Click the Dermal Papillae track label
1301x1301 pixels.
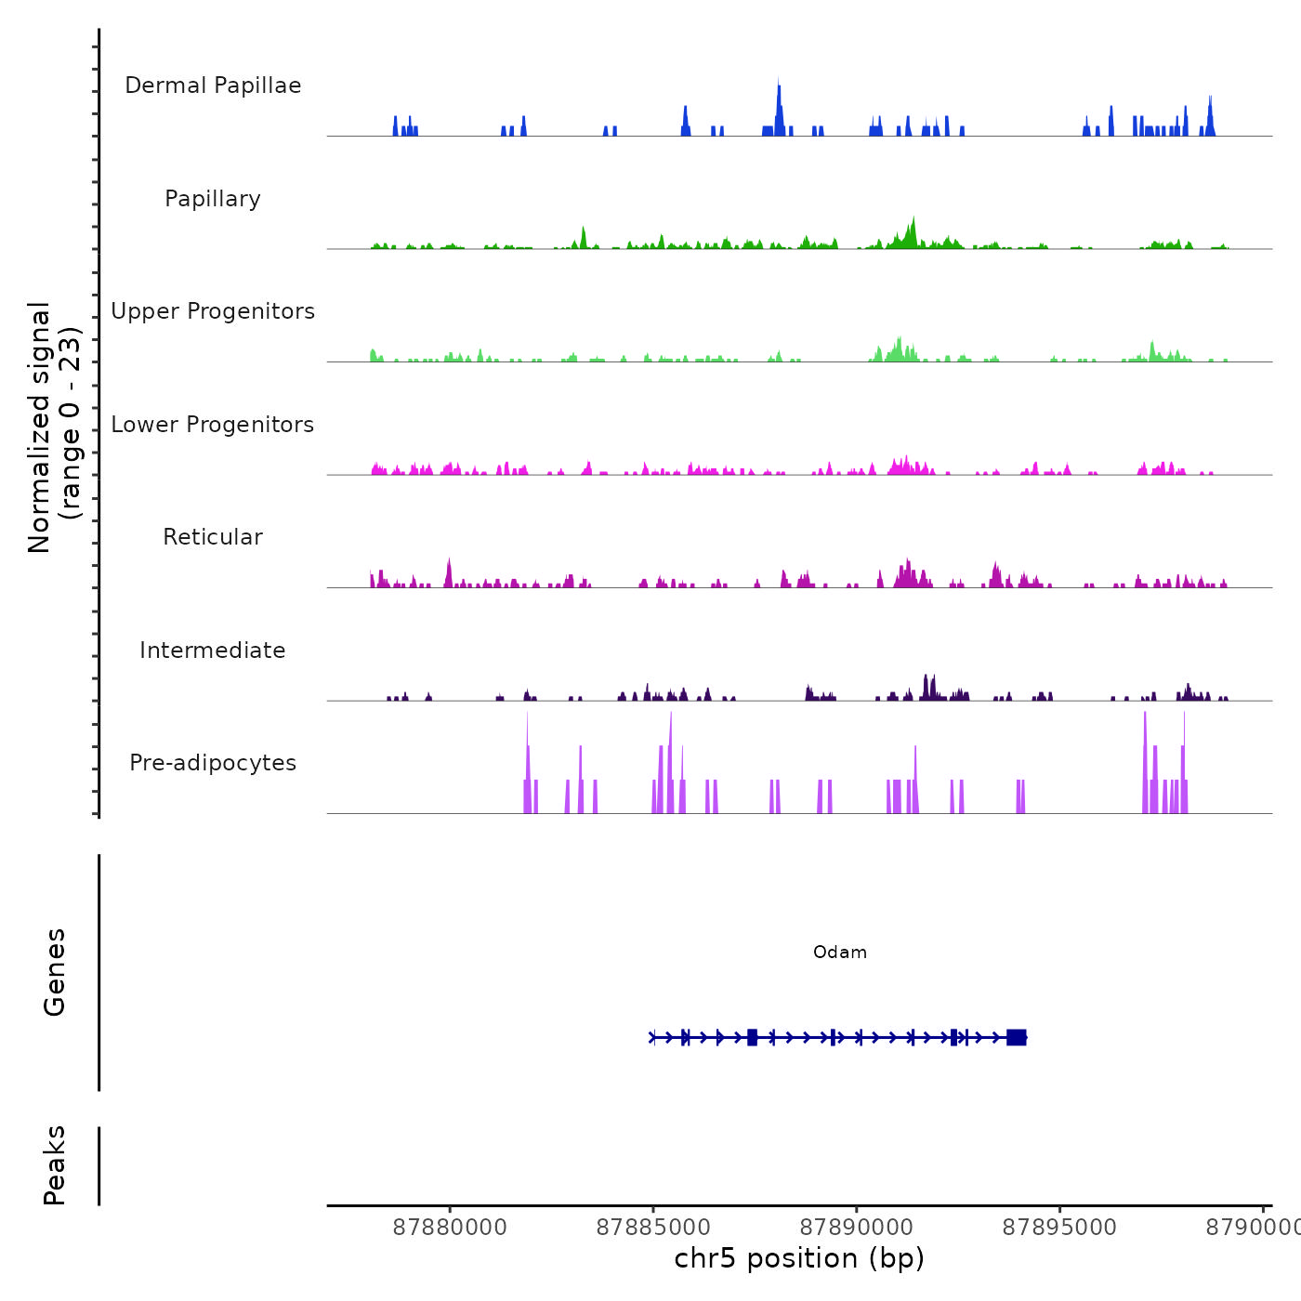(213, 85)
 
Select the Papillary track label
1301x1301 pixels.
(213, 199)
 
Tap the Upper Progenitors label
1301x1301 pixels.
(213, 311)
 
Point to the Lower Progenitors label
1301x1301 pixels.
(213, 425)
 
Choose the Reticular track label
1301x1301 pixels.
(213, 537)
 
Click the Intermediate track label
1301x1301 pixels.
(213, 650)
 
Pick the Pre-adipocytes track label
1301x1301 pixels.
(213, 763)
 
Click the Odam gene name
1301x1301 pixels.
(840, 953)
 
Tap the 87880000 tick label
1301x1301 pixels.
(450, 1228)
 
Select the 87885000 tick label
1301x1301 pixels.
(653, 1228)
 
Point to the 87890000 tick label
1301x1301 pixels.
(857, 1228)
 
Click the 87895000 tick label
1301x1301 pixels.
(1059, 1228)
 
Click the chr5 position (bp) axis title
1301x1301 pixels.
(799, 1258)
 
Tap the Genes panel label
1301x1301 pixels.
(55, 972)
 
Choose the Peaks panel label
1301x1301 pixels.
(55, 1165)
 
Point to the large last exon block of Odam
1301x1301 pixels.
(1017, 1037)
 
